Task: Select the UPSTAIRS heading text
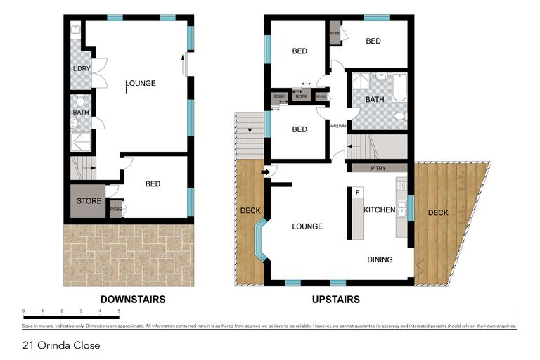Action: (x=335, y=299)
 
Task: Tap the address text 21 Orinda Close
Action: (x=60, y=345)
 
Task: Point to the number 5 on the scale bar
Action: (x=119, y=310)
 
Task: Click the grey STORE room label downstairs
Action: (x=89, y=201)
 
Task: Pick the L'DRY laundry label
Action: (x=81, y=69)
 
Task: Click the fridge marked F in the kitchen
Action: (x=357, y=193)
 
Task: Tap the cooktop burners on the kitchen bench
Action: (x=401, y=186)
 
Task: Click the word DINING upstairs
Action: (x=380, y=259)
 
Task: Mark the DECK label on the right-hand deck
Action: (x=438, y=212)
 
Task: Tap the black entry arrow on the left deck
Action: (x=265, y=171)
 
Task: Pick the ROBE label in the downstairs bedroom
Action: (x=116, y=209)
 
